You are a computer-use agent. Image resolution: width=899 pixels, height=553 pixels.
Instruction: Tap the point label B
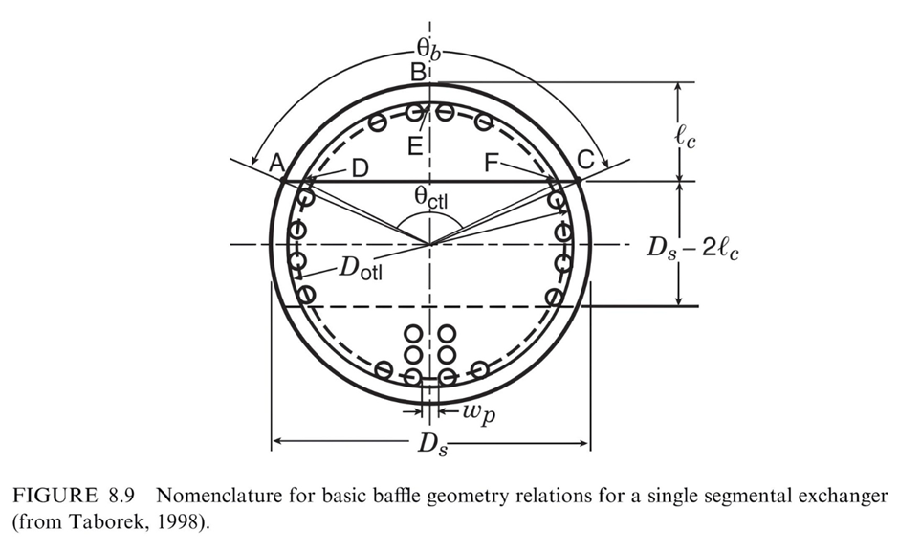(x=418, y=71)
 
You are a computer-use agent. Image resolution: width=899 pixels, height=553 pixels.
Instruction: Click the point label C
(x=585, y=164)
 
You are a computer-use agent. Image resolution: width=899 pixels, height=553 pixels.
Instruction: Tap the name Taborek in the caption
(x=95, y=522)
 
